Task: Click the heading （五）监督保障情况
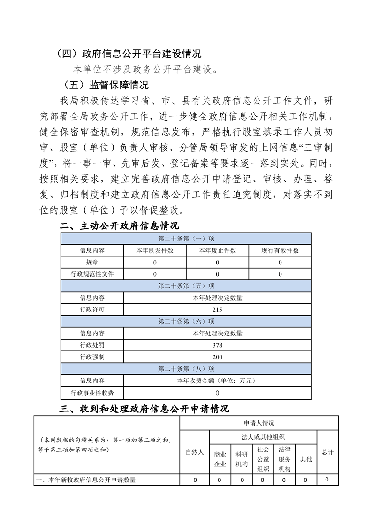point(106,85)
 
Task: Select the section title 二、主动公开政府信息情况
point(120,226)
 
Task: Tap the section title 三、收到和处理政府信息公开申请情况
point(144,409)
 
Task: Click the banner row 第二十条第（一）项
point(186,239)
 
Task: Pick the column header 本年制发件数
point(155,250)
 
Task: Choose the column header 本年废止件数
point(217,250)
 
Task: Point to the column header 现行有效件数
point(280,250)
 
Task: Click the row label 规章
point(92,262)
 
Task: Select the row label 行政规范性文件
point(92,274)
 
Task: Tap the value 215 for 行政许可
point(217,310)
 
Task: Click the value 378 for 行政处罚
point(217,345)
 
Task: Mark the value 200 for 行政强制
point(217,357)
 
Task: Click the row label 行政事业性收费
point(92,393)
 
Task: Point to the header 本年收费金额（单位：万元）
point(217,380)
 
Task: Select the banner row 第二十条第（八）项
point(186,369)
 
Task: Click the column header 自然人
point(195,452)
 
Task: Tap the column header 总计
point(327,452)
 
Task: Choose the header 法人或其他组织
point(263,437)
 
